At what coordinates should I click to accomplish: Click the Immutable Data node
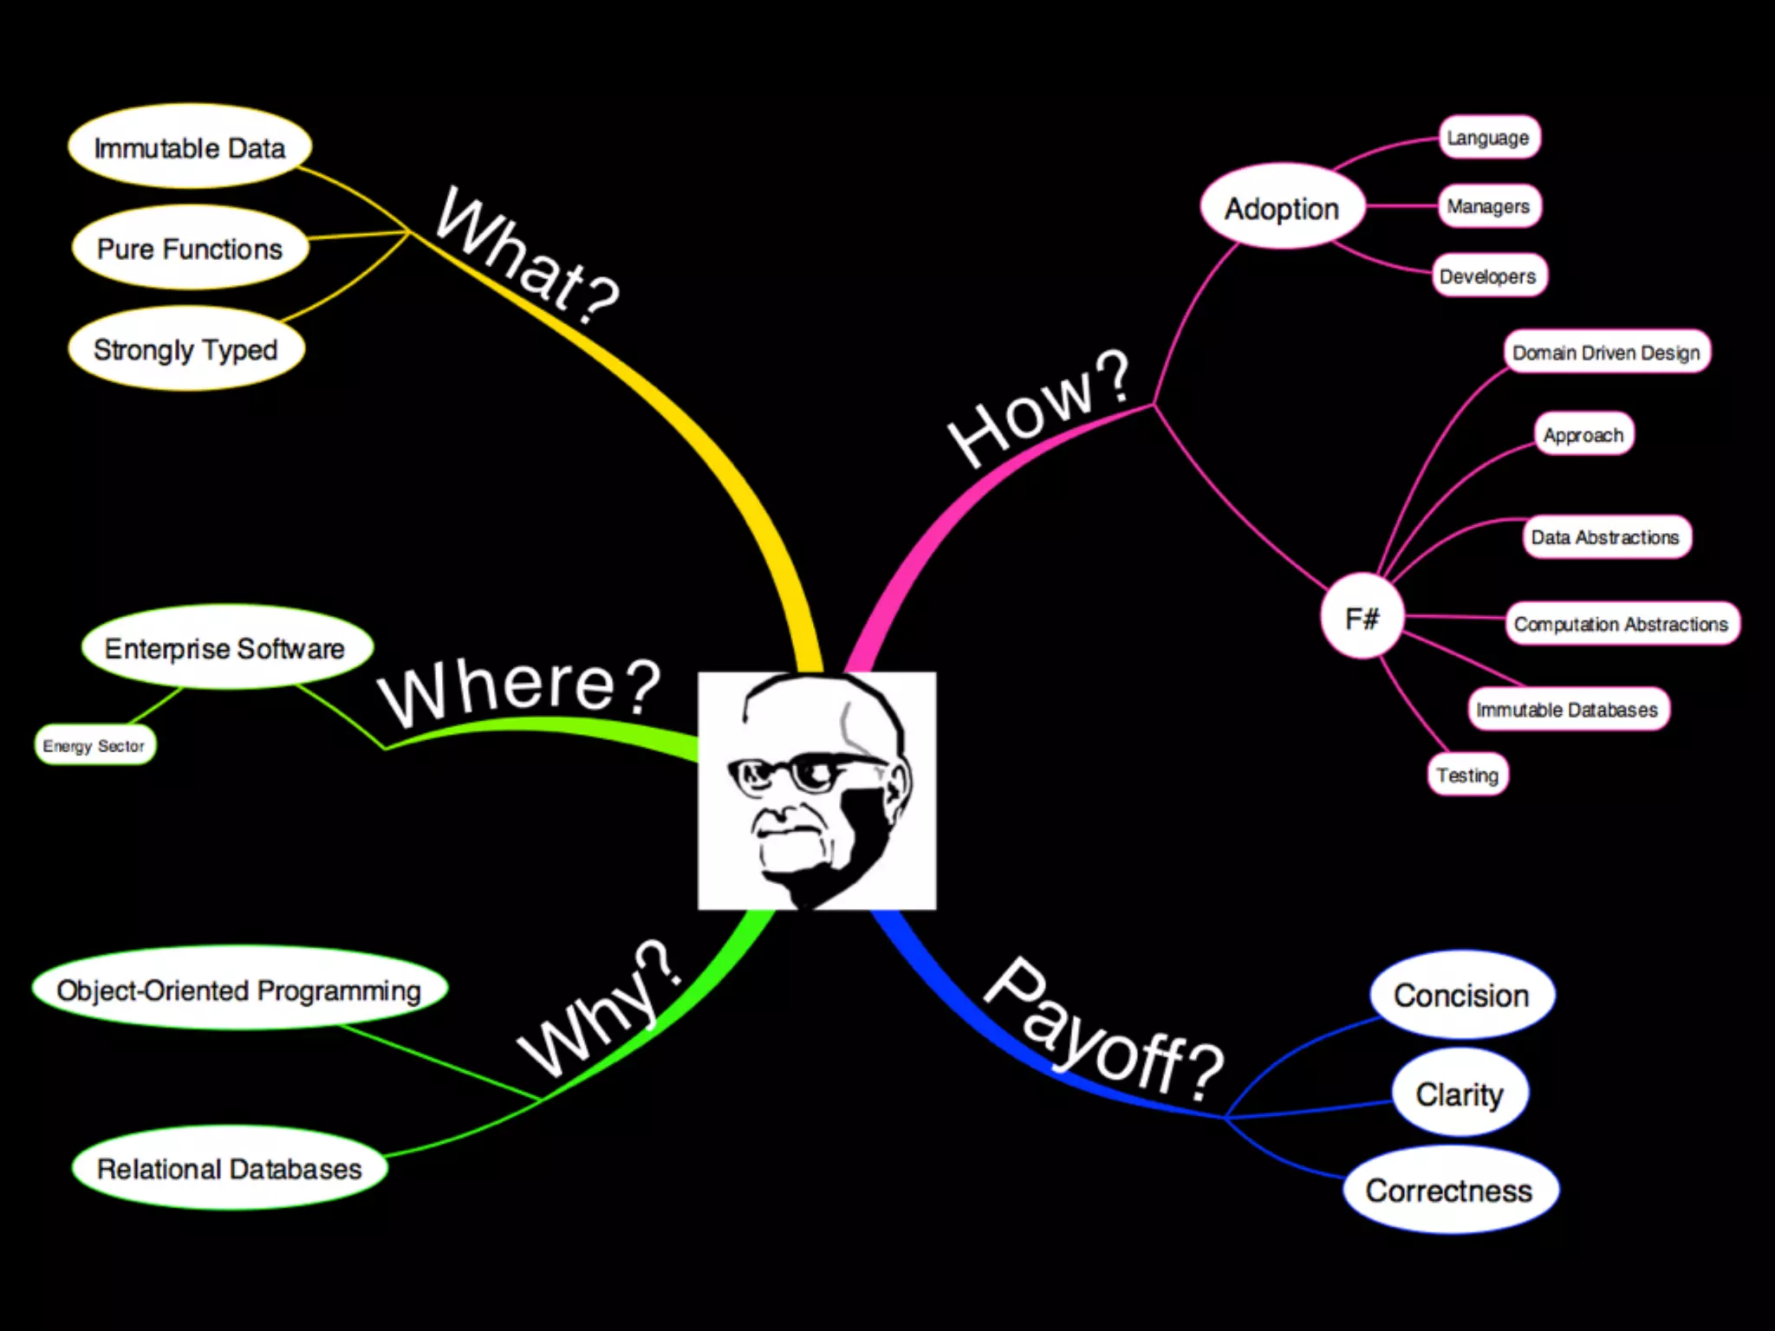click(189, 147)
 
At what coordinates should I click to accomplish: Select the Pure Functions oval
click(190, 249)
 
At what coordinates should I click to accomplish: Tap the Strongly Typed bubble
click(185, 349)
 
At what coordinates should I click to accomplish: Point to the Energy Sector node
click(94, 745)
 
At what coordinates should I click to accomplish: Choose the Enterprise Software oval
click(225, 648)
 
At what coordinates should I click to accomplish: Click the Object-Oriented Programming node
click(239, 990)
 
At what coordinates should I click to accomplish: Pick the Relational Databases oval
click(230, 1168)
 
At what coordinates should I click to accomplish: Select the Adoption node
click(1282, 208)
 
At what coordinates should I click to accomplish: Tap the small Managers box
click(1488, 206)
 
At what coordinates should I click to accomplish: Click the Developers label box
click(1488, 276)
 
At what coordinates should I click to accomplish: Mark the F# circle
click(1362, 617)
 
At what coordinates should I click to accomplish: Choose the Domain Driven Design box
click(1606, 352)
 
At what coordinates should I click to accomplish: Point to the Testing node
click(1467, 775)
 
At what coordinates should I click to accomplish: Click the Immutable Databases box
click(1567, 709)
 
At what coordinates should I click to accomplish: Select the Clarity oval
click(1460, 1094)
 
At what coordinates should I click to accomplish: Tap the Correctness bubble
click(1449, 1190)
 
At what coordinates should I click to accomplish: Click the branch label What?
click(528, 255)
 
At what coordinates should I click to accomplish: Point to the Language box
click(1488, 138)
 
